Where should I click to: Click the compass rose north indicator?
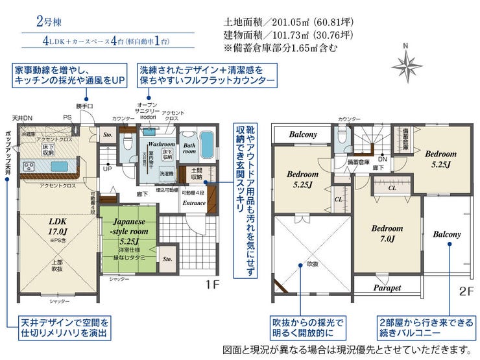[406, 63]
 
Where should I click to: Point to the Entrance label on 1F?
[194, 203]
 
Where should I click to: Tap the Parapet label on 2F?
[387, 287]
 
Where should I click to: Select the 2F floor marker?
[464, 291]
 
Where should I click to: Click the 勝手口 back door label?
[84, 106]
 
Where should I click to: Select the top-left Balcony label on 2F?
[303, 134]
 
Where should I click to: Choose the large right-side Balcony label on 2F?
[447, 234]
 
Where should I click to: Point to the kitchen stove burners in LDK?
[30, 167]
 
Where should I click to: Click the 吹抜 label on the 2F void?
[312, 264]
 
